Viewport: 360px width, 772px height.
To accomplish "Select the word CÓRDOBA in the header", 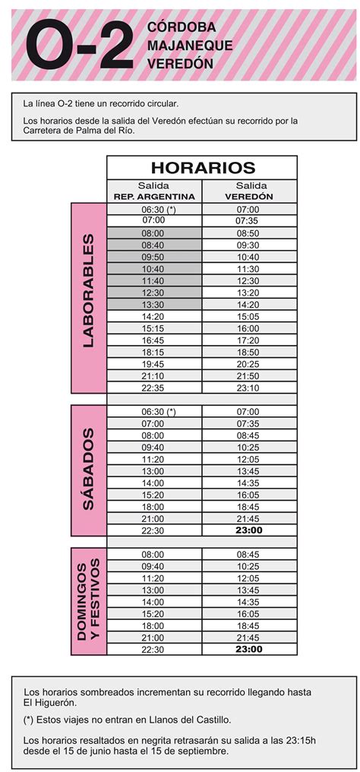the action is [182, 28].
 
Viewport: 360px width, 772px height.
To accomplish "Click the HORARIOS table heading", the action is [203, 168].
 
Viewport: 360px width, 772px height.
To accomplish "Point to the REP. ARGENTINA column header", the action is [154, 196].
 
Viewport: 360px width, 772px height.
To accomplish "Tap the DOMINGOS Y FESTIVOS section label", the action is [88, 600].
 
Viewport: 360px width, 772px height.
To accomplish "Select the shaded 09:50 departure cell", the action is [153, 257].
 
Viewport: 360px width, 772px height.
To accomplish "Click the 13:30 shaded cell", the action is [153, 304].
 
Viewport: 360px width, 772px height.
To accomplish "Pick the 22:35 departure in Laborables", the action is [153, 388].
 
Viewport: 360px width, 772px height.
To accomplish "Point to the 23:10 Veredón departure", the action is [248, 388].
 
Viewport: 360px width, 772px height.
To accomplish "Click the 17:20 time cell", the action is [248, 340].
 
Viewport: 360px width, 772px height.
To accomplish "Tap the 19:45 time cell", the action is [153, 364].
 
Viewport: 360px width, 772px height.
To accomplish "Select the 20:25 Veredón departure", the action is [248, 364].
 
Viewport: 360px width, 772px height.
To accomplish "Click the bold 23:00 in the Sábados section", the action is [248, 530].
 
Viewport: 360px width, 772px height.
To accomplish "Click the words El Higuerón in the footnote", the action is [49, 703].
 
